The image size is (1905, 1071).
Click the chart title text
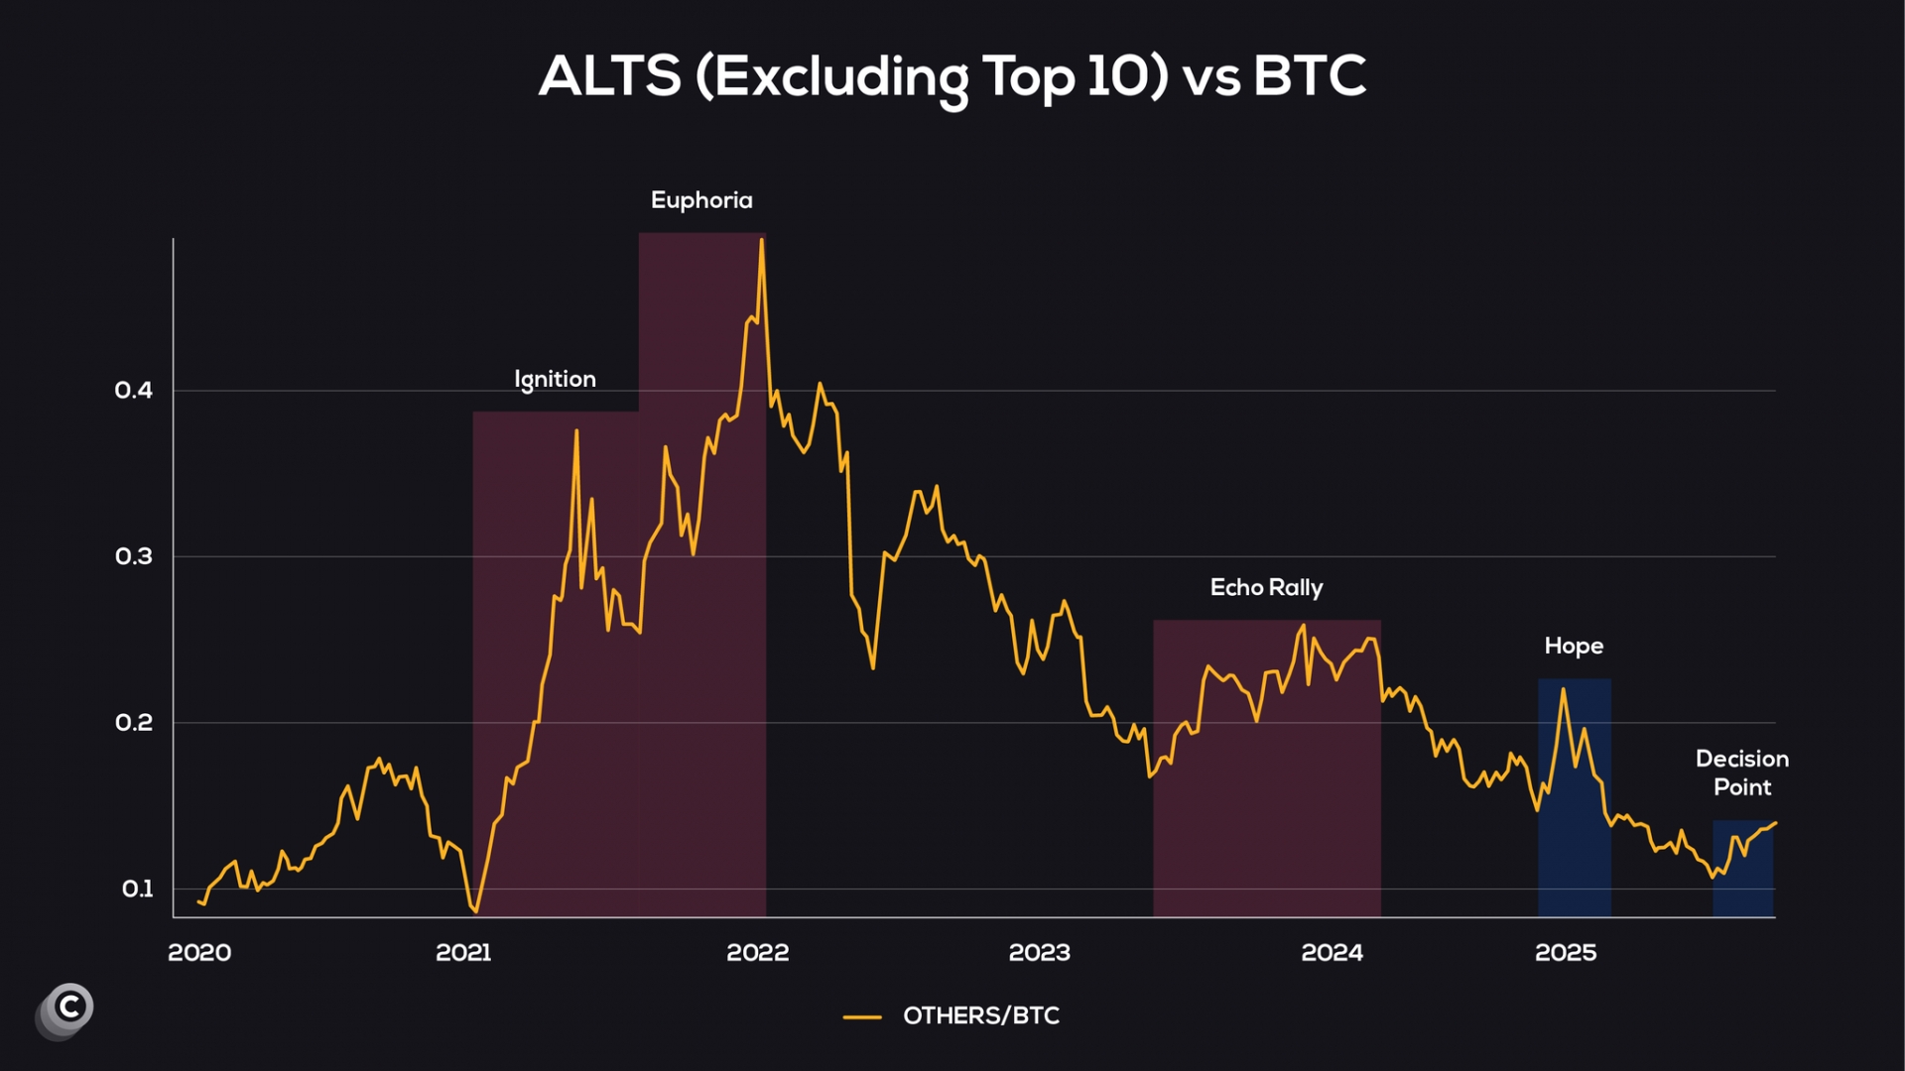[x=952, y=75]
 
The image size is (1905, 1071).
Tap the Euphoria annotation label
[x=701, y=200]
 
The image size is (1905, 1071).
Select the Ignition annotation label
[x=555, y=380]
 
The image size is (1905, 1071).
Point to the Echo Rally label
[x=1266, y=588]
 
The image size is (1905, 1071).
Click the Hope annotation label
[x=1574, y=647]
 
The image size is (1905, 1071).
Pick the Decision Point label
[x=1742, y=773]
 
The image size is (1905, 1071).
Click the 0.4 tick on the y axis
[x=134, y=391]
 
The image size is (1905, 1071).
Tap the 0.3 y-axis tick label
[x=134, y=556]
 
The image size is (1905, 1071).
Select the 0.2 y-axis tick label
[x=134, y=723]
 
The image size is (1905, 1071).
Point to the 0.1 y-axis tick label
[x=137, y=889]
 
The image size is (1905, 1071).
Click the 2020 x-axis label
[x=199, y=953]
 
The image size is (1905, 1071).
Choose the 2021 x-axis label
[x=463, y=953]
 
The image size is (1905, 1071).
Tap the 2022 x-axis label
[x=757, y=953]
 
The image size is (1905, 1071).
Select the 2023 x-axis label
[x=1039, y=953]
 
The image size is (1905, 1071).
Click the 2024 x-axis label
[x=1332, y=953]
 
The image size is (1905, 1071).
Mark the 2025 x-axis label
[x=1566, y=953]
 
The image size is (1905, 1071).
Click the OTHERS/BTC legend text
[x=980, y=1015]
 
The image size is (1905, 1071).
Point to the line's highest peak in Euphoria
[x=761, y=241]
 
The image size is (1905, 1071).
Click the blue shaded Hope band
[x=1575, y=843]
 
